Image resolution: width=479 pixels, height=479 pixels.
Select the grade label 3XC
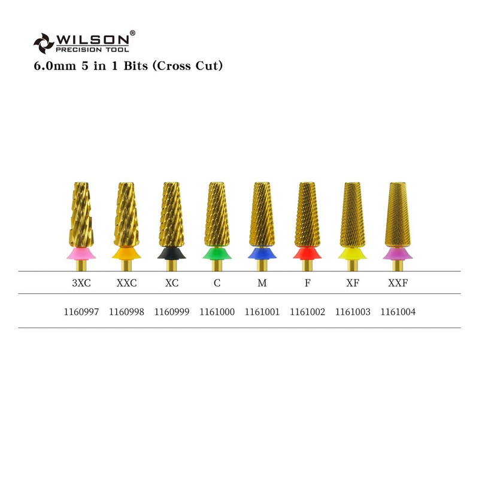coord(81,283)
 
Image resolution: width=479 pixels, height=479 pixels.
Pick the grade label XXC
coord(126,283)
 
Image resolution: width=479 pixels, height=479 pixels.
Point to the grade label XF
coord(353,283)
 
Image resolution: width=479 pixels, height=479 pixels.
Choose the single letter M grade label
coord(262,283)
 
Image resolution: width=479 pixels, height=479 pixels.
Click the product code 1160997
coord(81,312)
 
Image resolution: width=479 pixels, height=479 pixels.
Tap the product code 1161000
coord(217,312)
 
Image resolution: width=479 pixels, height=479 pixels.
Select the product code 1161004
coord(398,312)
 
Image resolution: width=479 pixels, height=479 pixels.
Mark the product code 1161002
coord(307,312)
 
